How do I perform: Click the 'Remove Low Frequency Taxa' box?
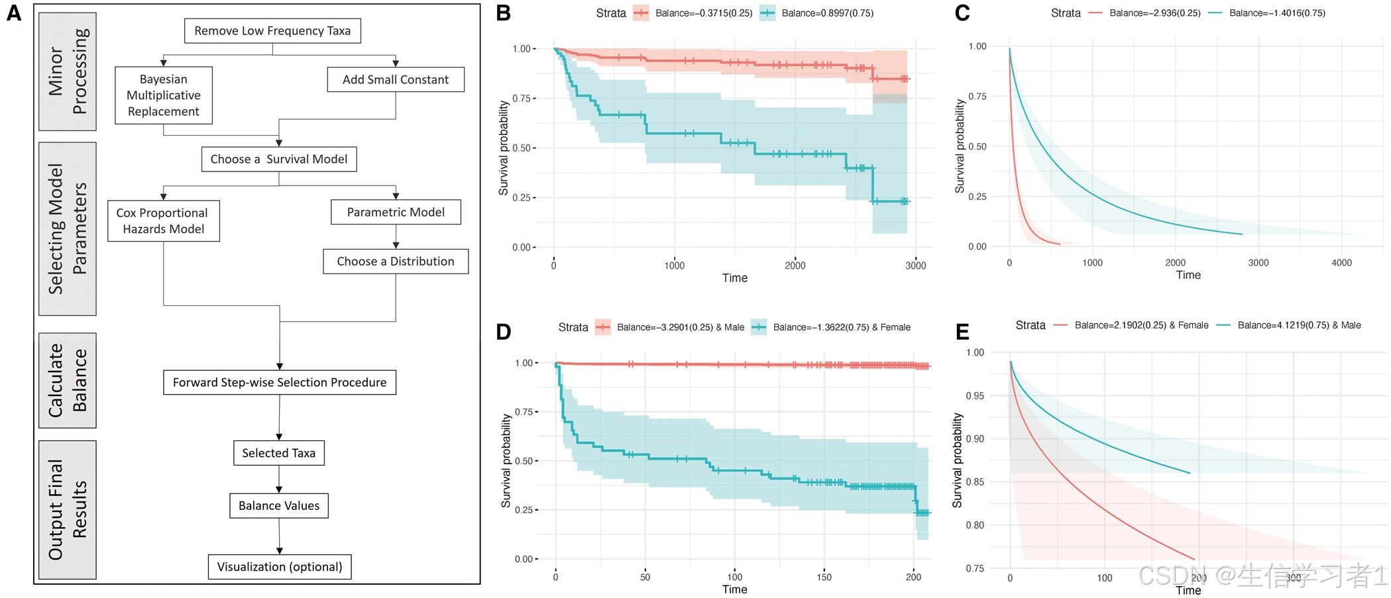click(272, 31)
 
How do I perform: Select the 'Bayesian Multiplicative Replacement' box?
click(164, 95)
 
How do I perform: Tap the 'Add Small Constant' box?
click(396, 79)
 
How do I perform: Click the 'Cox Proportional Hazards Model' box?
click(163, 221)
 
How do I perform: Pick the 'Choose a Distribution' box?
click(396, 262)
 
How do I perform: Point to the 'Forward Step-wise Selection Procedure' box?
click(280, 383)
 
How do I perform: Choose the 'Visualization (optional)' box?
click(280, 567)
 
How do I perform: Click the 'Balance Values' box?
click(279, 506)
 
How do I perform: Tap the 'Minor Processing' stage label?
click(68, 72)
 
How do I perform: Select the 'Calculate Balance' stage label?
click(68, 380)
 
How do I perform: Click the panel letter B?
click(504, 13)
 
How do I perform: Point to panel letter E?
click(962, 331)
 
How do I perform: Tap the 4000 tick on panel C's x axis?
click(1341, 263)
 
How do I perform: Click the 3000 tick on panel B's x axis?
click(916, 266)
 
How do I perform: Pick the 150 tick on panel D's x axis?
click(824, 577)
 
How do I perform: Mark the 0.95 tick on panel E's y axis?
click(975, 396)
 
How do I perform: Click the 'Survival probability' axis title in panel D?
click(506, 461)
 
